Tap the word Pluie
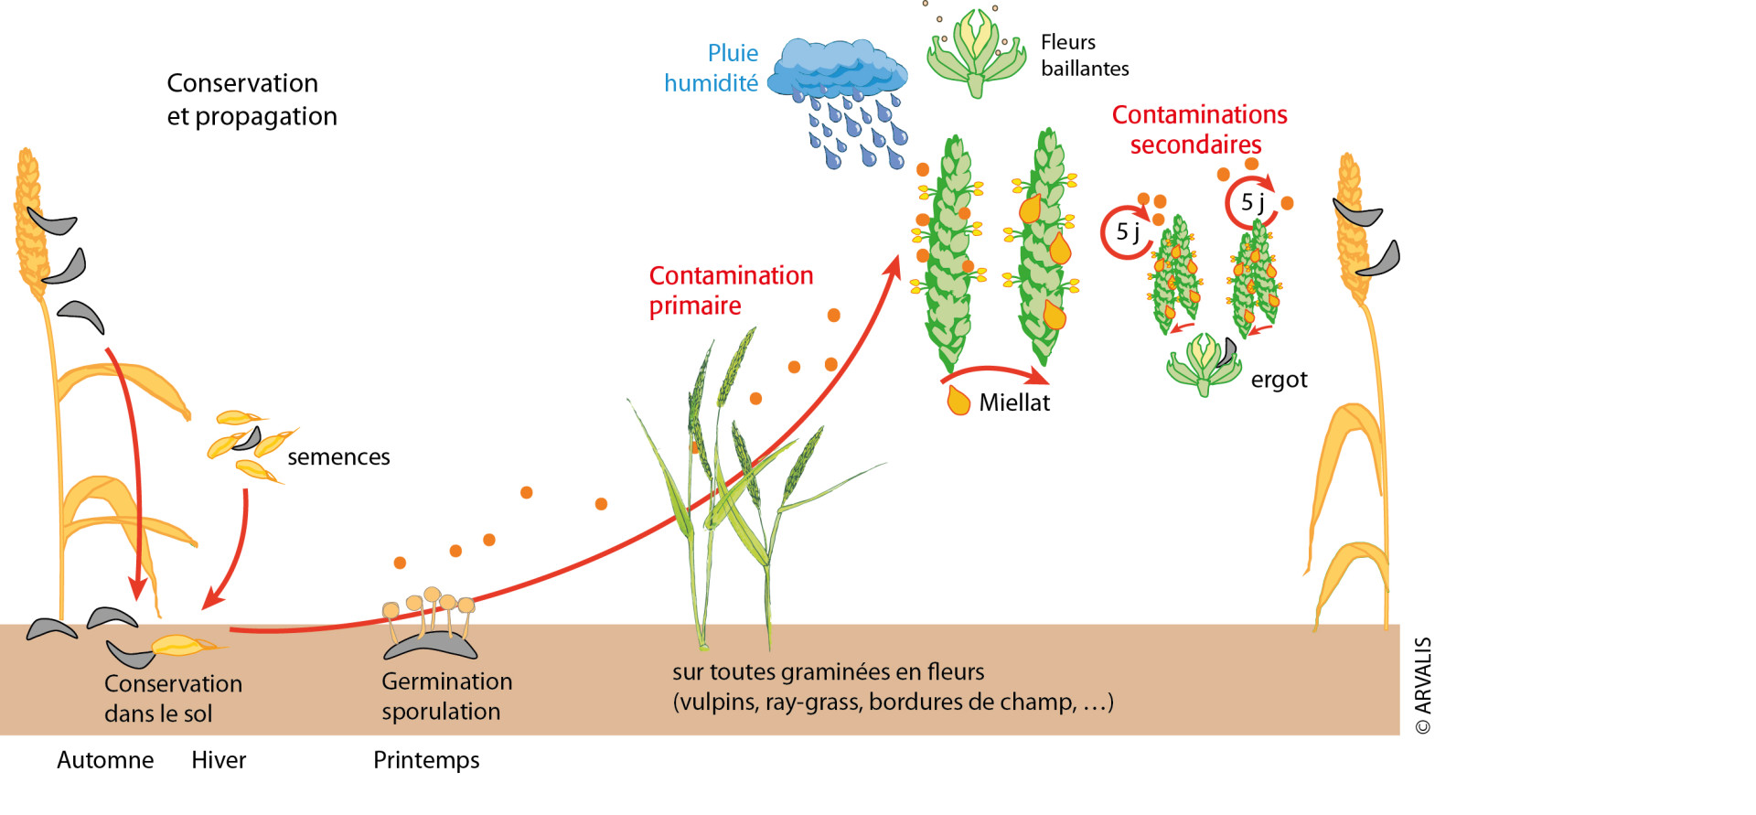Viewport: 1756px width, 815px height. (733, 53)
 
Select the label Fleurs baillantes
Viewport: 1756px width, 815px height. (1084, 55)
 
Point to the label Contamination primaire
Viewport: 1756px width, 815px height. (730, 290)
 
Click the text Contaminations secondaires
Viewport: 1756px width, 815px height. (1199, 129)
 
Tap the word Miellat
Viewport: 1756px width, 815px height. (1014, 402)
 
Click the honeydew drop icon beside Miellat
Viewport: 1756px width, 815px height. (958, 401)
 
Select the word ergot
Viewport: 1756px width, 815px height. (1279, 380)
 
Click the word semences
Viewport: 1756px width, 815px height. (338, 456)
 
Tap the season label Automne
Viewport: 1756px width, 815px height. (105, 760)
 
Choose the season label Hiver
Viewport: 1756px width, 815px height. (219, 760)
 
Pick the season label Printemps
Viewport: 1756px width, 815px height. (426, 760)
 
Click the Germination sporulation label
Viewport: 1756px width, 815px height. (446, 696)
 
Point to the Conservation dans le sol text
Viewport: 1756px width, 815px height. (173, 698)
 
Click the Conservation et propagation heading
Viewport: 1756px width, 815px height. (252, 100)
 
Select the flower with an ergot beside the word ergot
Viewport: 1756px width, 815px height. (1204, 363)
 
